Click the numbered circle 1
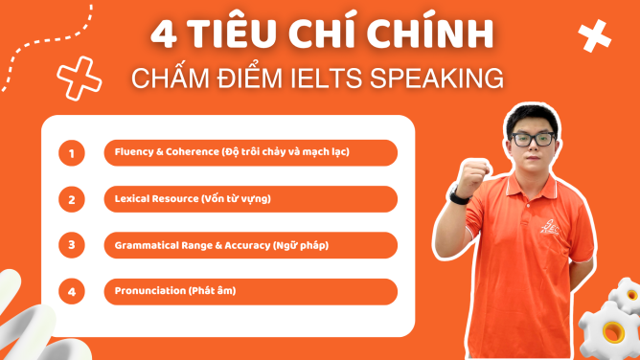pos(71,153)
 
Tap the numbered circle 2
pos(71,199)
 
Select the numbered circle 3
pos(71,245)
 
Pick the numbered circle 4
pos(71,291)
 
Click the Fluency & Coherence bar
pos(250,153)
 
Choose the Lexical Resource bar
pos(250,199)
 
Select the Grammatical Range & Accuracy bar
pos(250,245)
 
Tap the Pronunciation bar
pos(250,291)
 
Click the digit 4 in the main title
pos(165,35)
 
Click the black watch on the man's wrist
pos(461,197)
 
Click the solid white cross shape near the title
pos(594,36)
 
